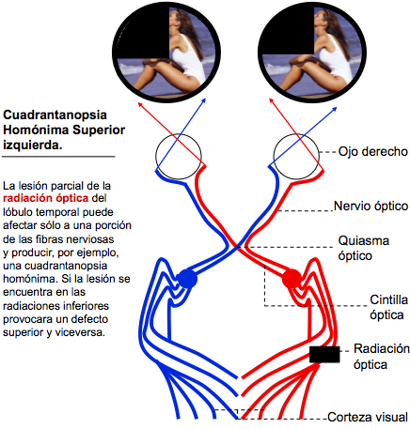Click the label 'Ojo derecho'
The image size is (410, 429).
click(372, 152)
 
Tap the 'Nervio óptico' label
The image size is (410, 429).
click(371, 207)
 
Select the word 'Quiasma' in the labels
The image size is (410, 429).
click(364, 240)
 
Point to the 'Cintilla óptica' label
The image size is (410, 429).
click(388, 307)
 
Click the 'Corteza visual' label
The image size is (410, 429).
click(368, 417)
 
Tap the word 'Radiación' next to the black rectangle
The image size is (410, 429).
click(382, 348)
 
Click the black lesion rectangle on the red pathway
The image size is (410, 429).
click(324, 354)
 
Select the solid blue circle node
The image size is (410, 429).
click(187, 279)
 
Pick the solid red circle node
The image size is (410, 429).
click(292, 279)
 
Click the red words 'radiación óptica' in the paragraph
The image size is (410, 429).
click(46, 198)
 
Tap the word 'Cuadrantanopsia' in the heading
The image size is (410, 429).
click(55, 115)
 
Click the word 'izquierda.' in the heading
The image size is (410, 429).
click(33, 145)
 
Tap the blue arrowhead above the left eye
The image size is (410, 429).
click(204, 100)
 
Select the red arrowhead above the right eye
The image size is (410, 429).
click(272, 100)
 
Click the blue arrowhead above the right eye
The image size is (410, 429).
click(334, 109)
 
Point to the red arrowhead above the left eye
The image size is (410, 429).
click(140, 105)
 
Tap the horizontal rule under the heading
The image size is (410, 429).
click(58, 156)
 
